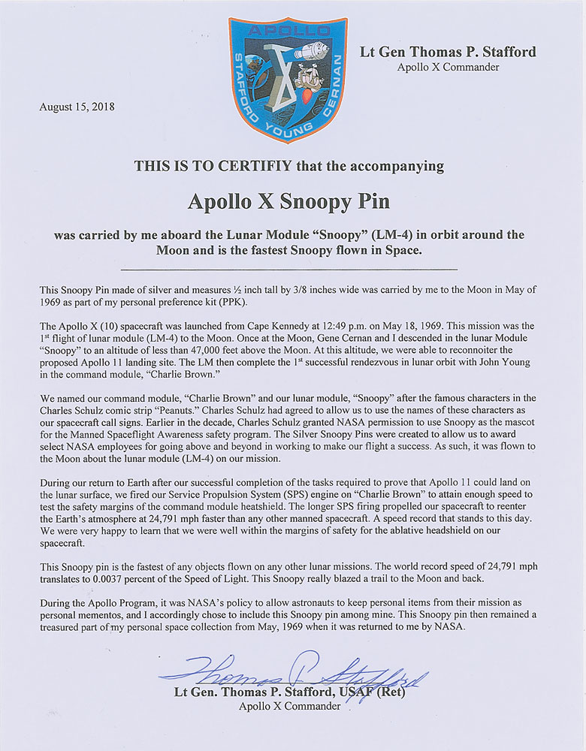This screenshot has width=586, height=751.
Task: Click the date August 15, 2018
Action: click(76, 107)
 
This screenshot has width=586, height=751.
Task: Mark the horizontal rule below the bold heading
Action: click(288, 268)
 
